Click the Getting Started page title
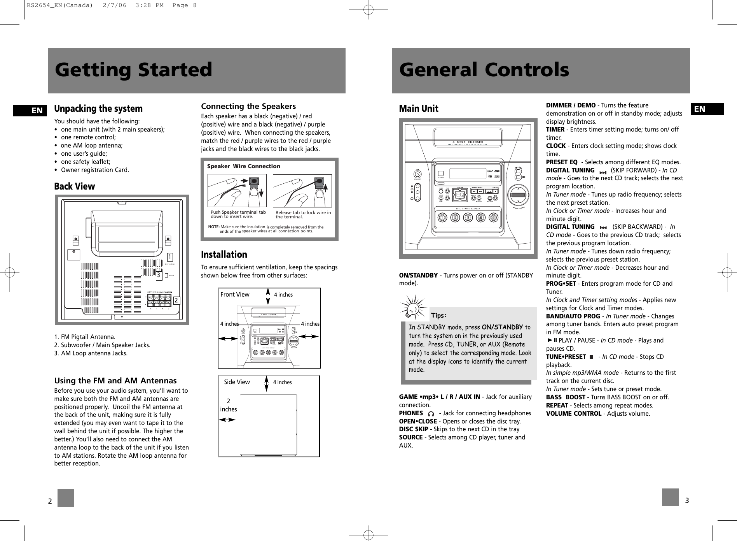pos(133,70)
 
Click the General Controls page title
pos(484,70)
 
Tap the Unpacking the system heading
pos(98,109)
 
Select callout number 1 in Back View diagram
pos(170,257)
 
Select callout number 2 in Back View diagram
pos(176,300)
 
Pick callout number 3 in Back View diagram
pos(159,276)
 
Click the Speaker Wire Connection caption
pos(243,166)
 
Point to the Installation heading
pos(224,255)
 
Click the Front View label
pos(235,295)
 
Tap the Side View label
pos(237,382)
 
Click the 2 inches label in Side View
pos(228,405)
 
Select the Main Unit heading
pos(418,109)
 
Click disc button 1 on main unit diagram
pos(442,218)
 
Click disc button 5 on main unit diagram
pos(493,218)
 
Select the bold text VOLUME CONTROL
pos(573,413)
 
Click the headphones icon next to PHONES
pos(430,414)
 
